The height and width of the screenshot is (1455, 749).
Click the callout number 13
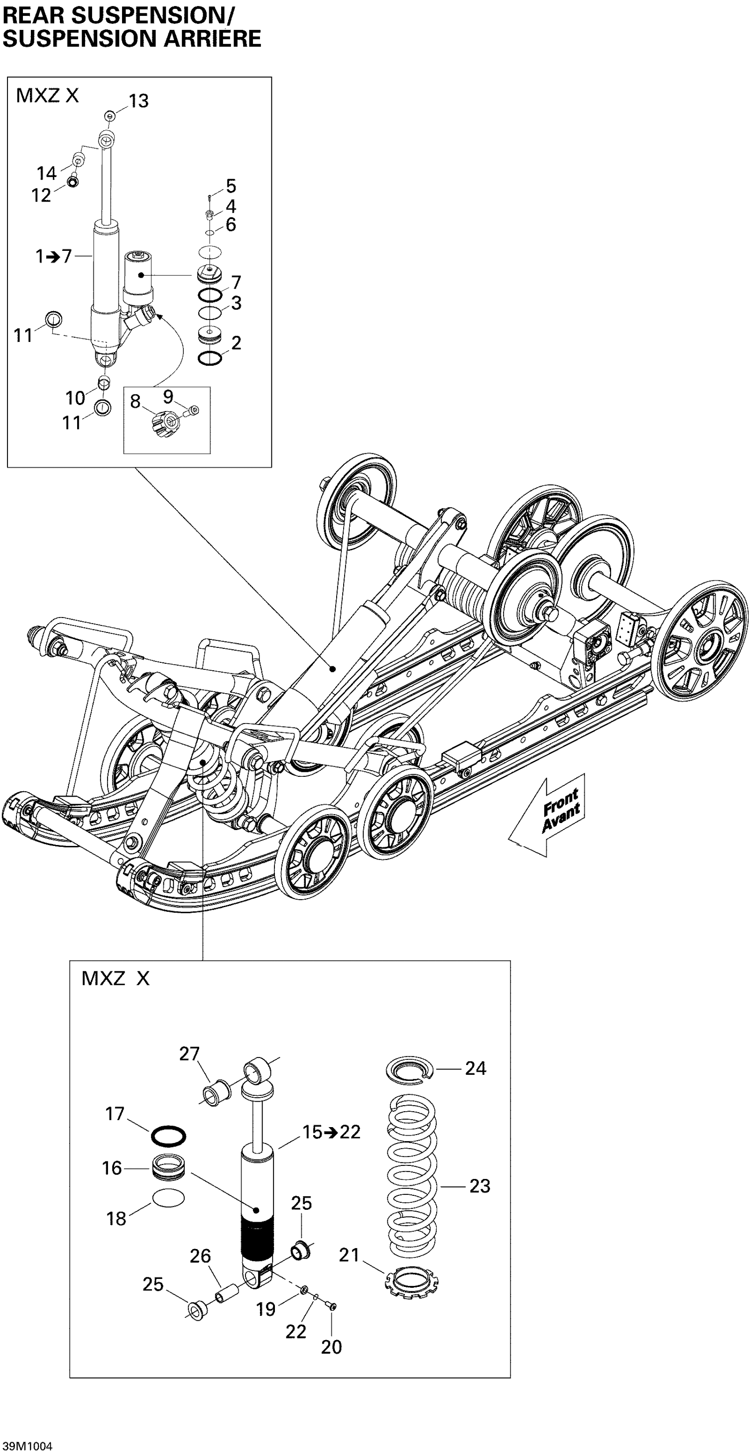click(x=138, y=101)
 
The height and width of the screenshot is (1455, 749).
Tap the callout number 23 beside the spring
click(x=479, y=1186)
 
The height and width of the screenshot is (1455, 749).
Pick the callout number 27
click(x=189, y=1054)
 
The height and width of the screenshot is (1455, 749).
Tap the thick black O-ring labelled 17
click(x=168, y=1136)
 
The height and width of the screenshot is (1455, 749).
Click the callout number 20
click(x=331, y=1347)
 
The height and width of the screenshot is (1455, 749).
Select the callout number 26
click(x=200, y=1256)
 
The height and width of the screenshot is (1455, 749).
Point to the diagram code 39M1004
click(x=27, y=1446)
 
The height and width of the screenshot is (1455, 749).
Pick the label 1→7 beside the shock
click(x=54, y=257)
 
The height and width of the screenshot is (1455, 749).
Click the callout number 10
click(x=75, y=398)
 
